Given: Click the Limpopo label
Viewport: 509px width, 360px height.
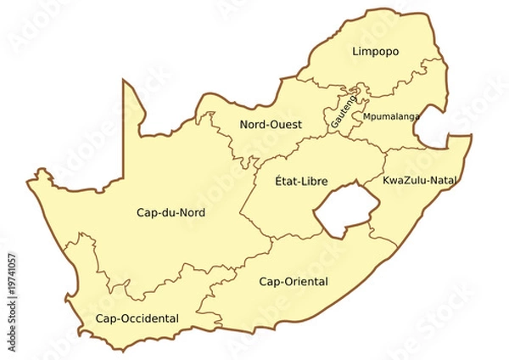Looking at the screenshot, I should (375, 53).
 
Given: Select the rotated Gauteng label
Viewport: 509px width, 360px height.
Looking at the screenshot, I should (344, 115).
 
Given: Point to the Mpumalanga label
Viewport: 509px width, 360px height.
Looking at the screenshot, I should (391, 116).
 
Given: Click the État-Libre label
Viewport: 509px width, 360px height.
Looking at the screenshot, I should (301, 181).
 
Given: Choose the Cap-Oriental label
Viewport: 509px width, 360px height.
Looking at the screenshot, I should (293, 282).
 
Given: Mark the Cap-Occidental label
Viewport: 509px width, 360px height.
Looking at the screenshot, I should (137, 318).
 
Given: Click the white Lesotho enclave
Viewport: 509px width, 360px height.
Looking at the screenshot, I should (342, 210).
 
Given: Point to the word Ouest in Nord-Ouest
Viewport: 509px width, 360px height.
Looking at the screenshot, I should (282, 125).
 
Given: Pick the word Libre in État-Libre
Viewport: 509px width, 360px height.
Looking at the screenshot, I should (314, 181).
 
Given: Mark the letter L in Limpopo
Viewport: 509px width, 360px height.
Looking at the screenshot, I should (355, 53).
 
